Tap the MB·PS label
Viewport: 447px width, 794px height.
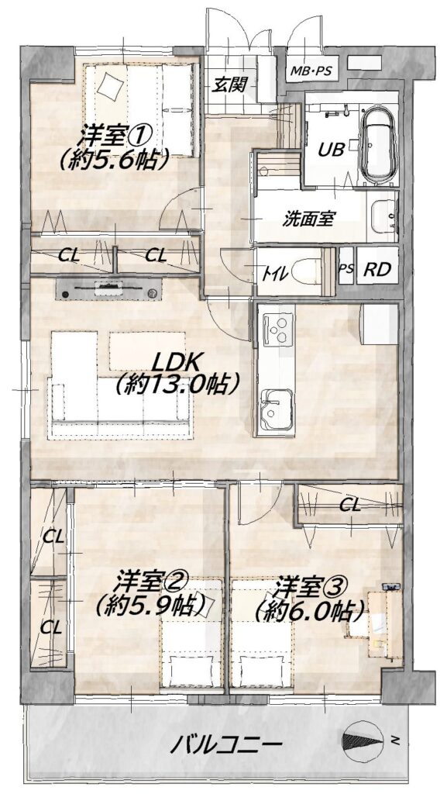coord(311,71)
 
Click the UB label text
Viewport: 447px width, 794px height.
coord(332,149)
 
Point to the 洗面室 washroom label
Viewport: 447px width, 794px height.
coord(308,219)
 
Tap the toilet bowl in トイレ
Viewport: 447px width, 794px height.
coord(307,271)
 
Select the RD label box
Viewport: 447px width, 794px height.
coord(377,269)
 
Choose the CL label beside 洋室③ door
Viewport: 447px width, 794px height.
coord(350,504)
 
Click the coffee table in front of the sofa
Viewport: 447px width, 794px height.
coord(146,351)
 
